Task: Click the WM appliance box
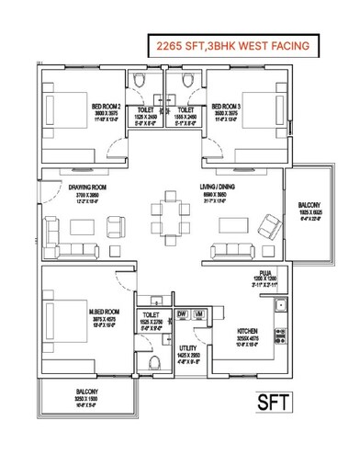tap(199, 315)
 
